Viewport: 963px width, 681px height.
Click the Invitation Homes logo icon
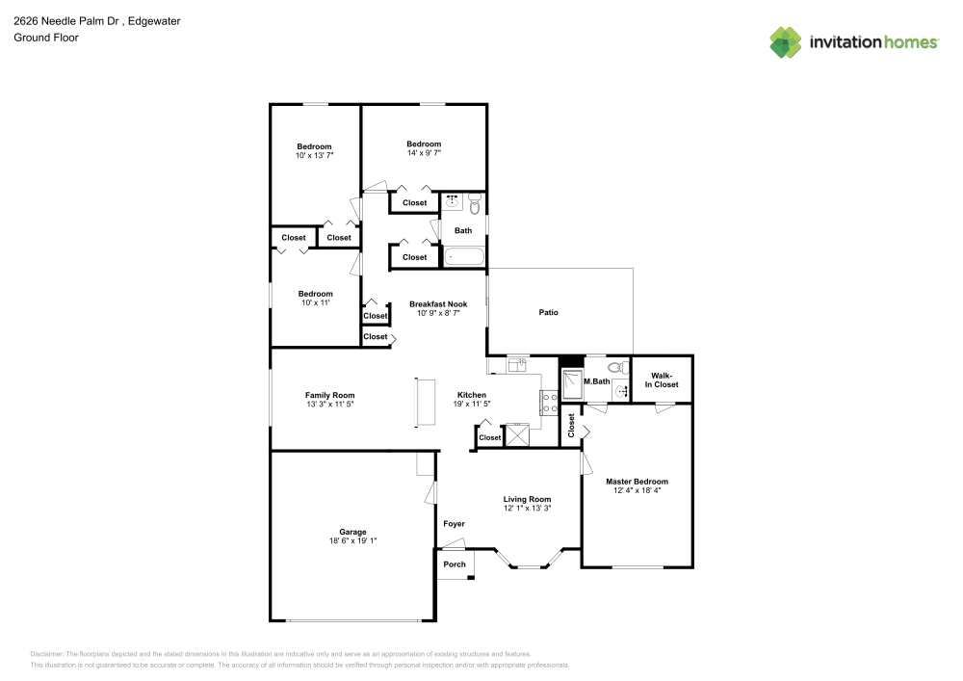click(786, 42)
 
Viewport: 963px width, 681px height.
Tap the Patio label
click(549, 312)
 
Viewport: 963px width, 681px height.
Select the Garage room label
click(352, 532)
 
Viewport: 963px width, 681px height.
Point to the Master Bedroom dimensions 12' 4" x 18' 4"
click(637, 490)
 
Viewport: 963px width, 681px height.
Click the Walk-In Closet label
click(662, 380)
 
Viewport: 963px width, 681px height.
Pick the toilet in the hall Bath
click(474, 204)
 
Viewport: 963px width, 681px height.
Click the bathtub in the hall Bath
click(464, 256)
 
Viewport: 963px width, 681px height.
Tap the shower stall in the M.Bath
click(572, 384)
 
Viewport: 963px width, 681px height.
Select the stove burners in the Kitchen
click(549, 403)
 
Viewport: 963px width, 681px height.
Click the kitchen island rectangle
click(425, 403)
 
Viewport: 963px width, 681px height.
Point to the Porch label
click(455, 564)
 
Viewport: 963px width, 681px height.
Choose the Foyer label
click(454, 524)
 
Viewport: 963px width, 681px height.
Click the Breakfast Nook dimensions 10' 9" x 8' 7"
click(438, 313)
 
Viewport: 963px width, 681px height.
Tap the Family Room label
click(329, 396)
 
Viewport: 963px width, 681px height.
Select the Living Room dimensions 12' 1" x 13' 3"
click(527, 509)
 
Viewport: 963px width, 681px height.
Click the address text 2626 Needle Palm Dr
click(66, 21)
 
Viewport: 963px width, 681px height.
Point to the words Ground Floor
click(46, 38)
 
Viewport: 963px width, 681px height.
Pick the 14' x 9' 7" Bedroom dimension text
click(424, 153)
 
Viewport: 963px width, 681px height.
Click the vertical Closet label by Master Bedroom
click(571, 425)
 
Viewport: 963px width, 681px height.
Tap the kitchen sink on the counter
click(517, 365)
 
